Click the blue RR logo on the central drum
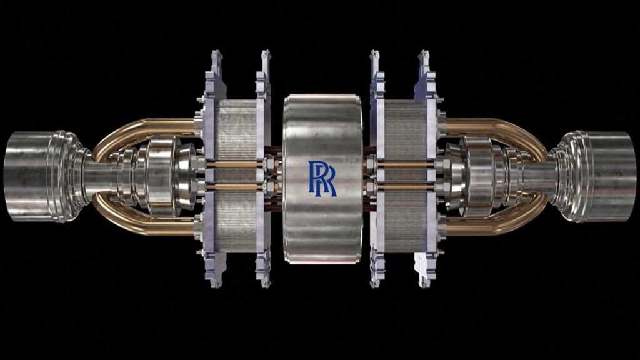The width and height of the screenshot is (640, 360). click(x=322, y=178)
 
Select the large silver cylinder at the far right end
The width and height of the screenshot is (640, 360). click(x=609, y=176)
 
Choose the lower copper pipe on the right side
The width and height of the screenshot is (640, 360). click(x=494, y=226)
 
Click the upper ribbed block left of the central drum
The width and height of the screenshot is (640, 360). click(x=236, y=129)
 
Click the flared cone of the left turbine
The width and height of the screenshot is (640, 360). click(x=185, y=176)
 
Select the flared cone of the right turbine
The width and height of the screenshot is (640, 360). click(x=453, y=176)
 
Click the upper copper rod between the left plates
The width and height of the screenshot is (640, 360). click(x=236, y=164)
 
